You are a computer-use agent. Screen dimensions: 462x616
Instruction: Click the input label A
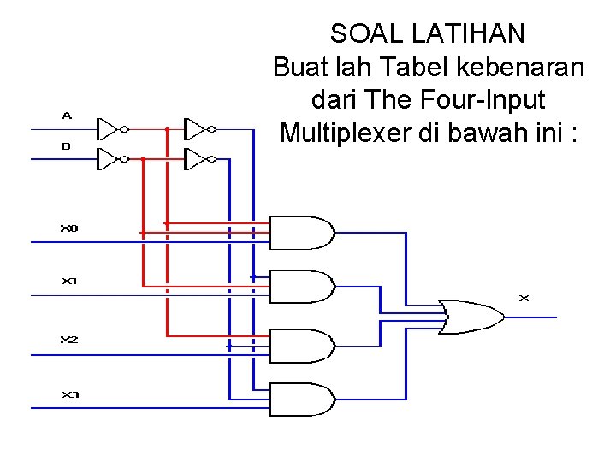(x=67, y=115)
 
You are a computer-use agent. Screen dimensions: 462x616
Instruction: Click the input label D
(x=66, y=146)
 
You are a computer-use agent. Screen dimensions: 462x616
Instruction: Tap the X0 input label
(x=68, y=228)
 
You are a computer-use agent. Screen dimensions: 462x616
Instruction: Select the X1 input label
(x=68, y=281)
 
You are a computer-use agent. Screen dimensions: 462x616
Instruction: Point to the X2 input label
(x=68, y=340)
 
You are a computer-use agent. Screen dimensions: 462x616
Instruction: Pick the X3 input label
(x=68, y=394)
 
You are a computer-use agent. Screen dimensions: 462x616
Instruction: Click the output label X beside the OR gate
(x=524, y=298)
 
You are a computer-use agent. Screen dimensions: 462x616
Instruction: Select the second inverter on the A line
(x=199, y=129)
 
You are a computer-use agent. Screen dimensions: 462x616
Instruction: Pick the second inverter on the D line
(x=199, y=159)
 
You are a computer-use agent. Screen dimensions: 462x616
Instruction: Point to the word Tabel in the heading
(x=407, y=67)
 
